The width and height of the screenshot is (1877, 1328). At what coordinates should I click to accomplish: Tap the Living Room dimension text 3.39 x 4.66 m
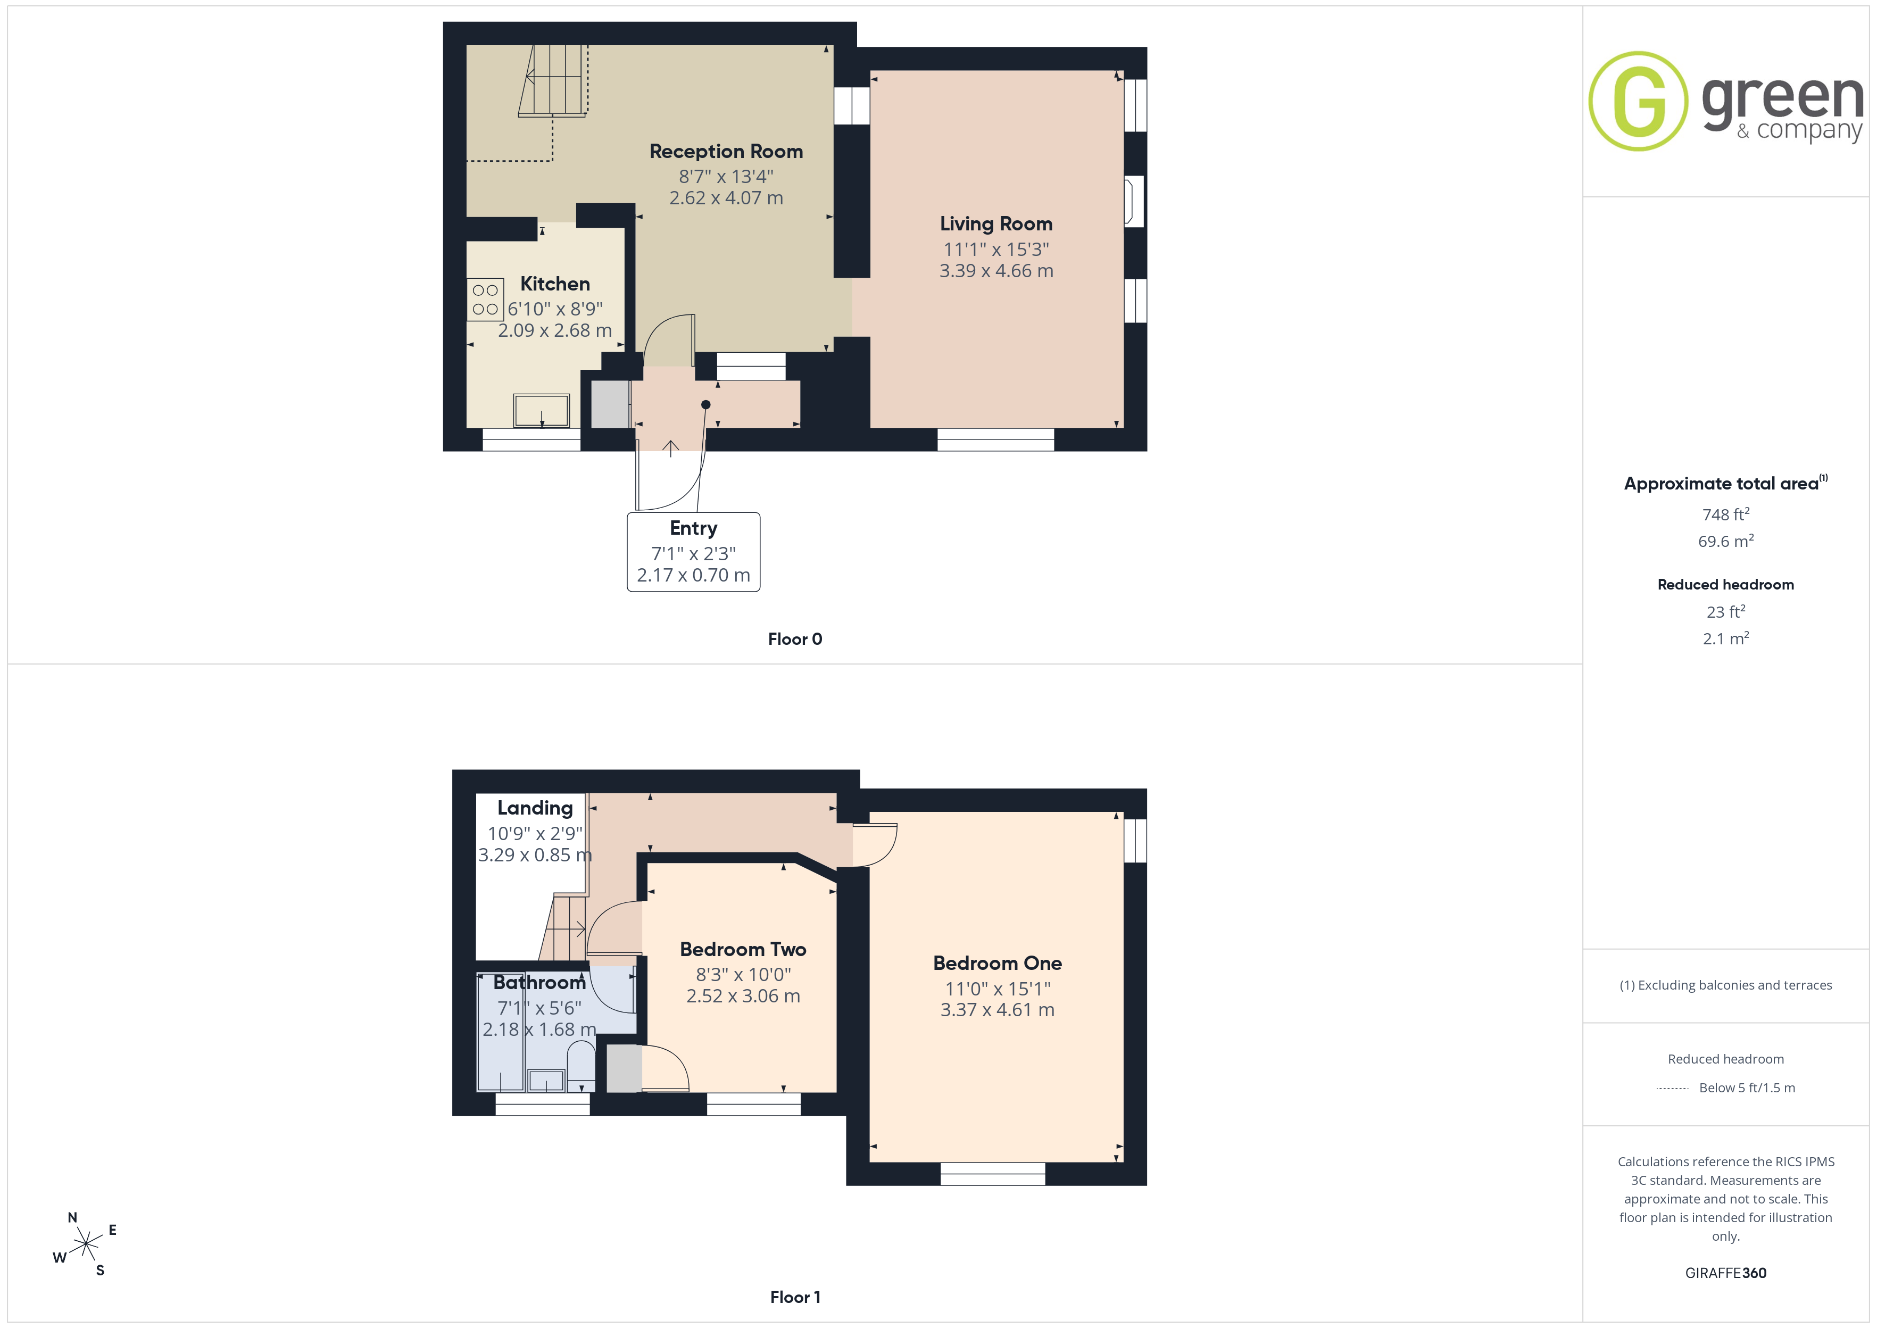click(996, 271)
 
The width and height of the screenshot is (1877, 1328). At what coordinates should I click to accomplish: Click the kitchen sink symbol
click(541, 411)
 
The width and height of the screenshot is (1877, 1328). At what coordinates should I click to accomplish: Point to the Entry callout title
click(693, 528)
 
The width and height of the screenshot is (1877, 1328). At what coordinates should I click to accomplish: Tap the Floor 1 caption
click(795, 1297)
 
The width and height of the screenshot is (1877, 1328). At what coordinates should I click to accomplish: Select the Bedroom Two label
click(743, 949)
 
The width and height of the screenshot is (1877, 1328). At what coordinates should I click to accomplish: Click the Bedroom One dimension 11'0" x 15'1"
click(998, 989)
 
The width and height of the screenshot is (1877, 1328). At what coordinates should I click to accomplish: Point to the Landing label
click(535, 809)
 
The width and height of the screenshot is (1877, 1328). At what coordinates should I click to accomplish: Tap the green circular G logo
click(1638, 102)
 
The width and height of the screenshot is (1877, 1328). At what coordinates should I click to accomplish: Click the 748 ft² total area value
click(1726, 514)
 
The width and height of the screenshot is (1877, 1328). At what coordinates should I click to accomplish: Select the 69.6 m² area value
click(1726, 541)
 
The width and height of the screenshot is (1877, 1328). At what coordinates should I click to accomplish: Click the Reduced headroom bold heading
click(1726, 585)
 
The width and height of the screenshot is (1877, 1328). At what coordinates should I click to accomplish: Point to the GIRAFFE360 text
click(1726, 1273)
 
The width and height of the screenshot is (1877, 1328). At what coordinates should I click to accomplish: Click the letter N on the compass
click(72, 1218)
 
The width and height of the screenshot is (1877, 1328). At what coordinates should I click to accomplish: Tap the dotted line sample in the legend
click(1673, 1089)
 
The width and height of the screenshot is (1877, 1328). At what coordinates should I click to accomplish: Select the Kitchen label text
click(555, 284)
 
